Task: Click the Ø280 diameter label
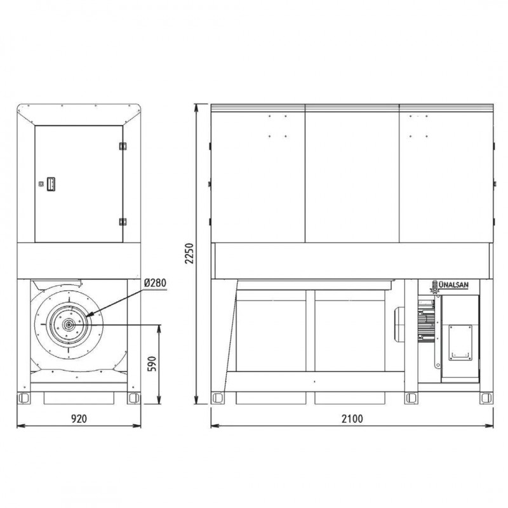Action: [155, 283]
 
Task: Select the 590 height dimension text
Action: [152, 364]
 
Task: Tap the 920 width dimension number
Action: [79, 418]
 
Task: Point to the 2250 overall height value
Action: [189, 253]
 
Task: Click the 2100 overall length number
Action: [352, 418]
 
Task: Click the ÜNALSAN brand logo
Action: [450, 286]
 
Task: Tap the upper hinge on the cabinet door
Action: [123, 146]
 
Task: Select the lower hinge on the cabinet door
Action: [123, 222]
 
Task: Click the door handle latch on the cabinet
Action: [51, 184]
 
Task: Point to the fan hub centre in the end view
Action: [69, 324]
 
